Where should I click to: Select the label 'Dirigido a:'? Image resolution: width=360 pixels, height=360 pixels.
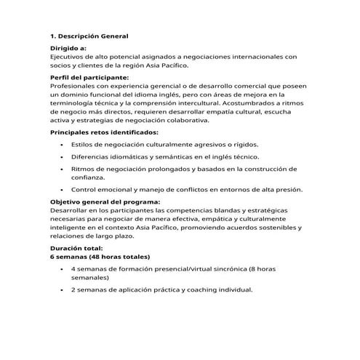[68, 47]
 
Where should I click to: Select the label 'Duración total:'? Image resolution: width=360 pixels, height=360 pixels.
[76, 248]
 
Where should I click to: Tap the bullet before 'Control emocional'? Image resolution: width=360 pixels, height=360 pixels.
[60, 190]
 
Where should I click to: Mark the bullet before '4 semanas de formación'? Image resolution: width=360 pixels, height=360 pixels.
[60, 269]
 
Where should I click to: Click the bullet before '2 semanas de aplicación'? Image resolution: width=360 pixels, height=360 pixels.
[60, 289]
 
